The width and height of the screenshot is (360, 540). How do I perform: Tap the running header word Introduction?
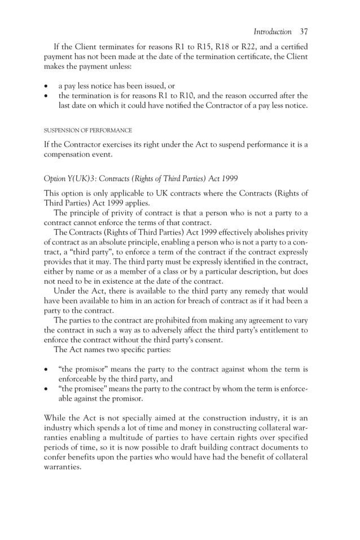coord(273,32)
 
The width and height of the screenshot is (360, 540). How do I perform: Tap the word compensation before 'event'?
coord(68,155)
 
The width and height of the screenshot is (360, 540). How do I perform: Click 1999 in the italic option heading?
coord(229,179)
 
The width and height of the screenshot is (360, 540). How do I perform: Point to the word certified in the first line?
coord(292,46)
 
